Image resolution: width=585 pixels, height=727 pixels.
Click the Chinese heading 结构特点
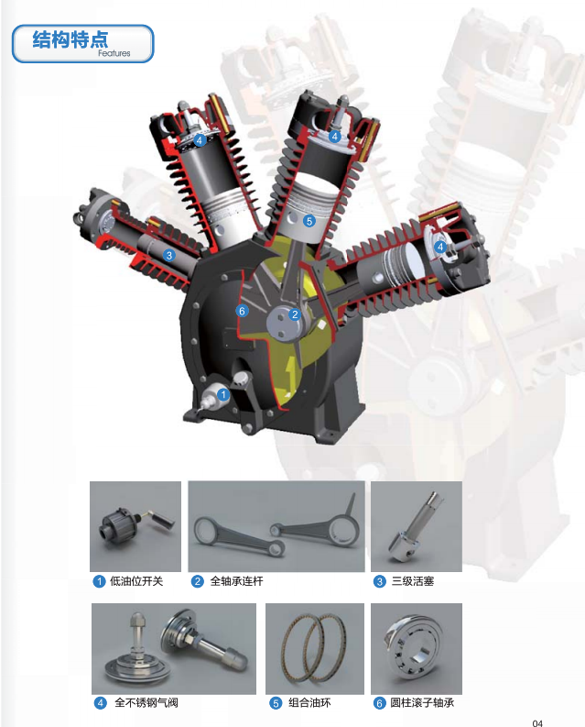[70, 39]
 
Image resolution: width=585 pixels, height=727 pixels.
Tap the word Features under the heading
[114, 53]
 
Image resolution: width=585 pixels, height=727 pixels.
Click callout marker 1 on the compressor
[223, 394]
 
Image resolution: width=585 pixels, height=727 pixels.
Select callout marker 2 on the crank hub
[295, 314]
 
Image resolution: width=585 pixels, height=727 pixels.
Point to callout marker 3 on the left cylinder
[169, 255]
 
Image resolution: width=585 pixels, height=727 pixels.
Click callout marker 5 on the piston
[309, 221]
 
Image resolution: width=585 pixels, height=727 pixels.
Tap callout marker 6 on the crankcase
[242, 311]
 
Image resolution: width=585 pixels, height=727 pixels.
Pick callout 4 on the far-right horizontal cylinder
[440, 247]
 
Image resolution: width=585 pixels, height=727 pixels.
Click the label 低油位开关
[136, 581]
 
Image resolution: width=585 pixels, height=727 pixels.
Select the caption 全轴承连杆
[236, 581]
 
